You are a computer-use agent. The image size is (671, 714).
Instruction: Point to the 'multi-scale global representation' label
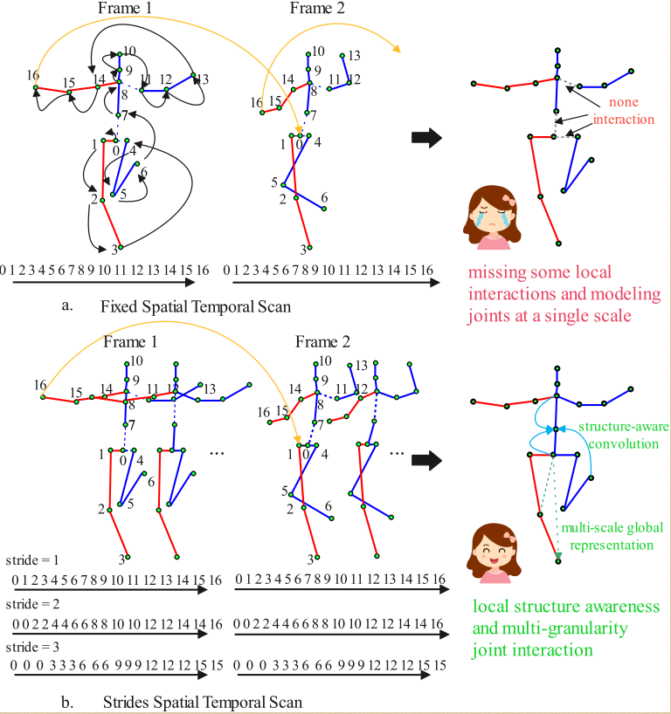[x=612, y=537]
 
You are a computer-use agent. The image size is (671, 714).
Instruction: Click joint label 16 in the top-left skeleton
[x=32, y=74]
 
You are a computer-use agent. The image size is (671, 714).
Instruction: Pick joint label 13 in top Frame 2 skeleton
[x=354, y=56]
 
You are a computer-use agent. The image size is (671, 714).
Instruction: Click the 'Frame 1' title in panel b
[x=130, y=341]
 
